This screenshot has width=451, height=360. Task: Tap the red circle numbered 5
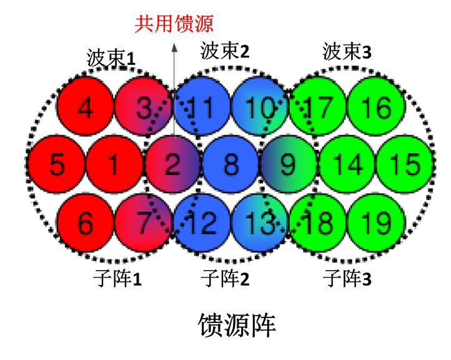click(56, 165)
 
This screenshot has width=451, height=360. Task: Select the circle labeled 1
click(114, 165)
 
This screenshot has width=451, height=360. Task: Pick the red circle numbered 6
click(86, 222)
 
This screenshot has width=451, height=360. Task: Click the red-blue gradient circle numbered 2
click(172, 165)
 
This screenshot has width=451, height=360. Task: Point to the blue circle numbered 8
click(230, 165)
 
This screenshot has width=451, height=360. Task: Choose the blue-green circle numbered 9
click(288, 165)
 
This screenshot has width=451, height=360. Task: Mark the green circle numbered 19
click(375, 222)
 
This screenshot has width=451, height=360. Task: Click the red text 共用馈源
click(174, 24)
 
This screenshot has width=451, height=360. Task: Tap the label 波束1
click(111, 59)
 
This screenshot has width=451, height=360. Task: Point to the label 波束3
click(347, 52)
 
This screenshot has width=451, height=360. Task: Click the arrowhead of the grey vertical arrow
click(174, 44)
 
